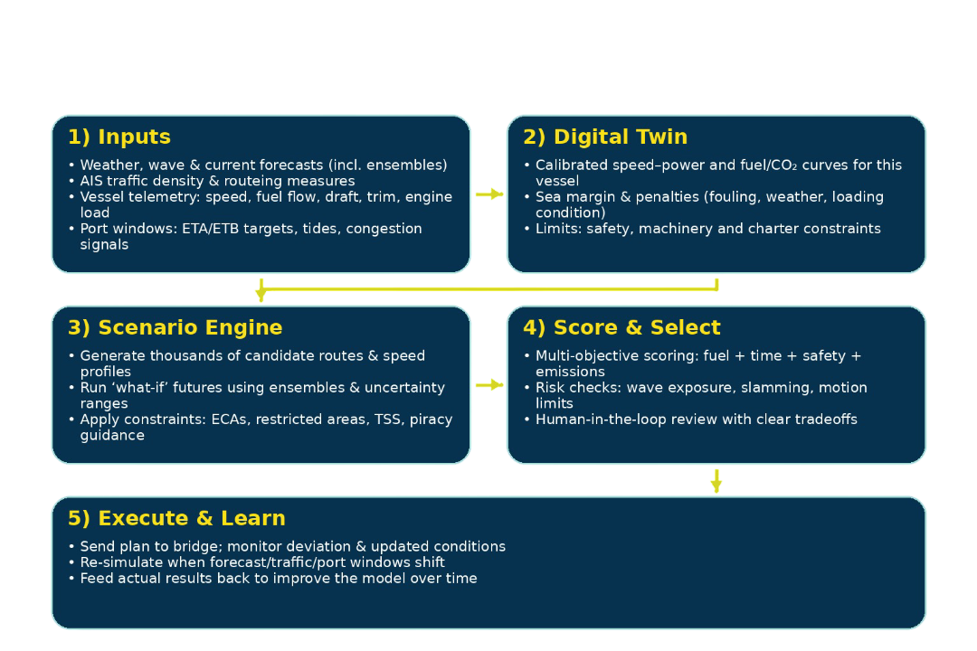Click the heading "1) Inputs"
[119, 137]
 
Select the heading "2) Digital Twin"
[604, 137]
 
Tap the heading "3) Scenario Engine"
[175, 328]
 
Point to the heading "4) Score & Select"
[621, 328]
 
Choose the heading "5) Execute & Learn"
[176, 519]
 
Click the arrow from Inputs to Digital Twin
[488, 193]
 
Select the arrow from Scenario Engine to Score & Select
[488, 385]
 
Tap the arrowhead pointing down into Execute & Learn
[716, 485]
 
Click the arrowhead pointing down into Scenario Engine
[261, 295]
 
